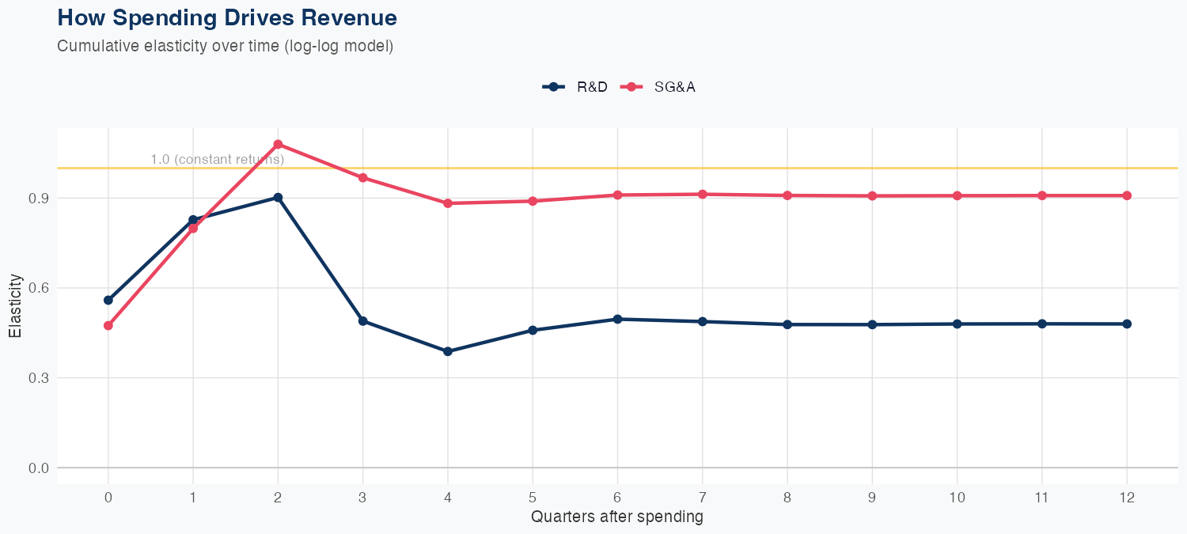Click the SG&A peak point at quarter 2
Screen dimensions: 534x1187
[x=278, y=144]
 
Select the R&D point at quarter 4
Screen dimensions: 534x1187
[x=448, y=351]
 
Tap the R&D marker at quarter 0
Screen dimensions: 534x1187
[x=108, y=300]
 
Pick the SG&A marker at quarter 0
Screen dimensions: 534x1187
[x=108, y=325]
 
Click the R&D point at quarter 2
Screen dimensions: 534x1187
[x=278, y=198]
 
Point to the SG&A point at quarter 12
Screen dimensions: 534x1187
[x=1127, y=195]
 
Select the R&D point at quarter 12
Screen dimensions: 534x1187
[x=1127, y=324]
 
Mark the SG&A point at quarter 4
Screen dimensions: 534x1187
[x=448, y=203]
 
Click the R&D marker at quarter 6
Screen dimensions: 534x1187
[x=617, y=319]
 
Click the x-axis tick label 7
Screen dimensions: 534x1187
[x=702, y=498]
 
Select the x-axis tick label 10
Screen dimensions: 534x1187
[x=957, y=498]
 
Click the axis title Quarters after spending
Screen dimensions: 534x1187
[x=617, y=517]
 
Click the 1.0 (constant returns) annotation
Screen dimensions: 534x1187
[x=217, y=159]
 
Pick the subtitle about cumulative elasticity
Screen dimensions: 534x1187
[x=226, y=46]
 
